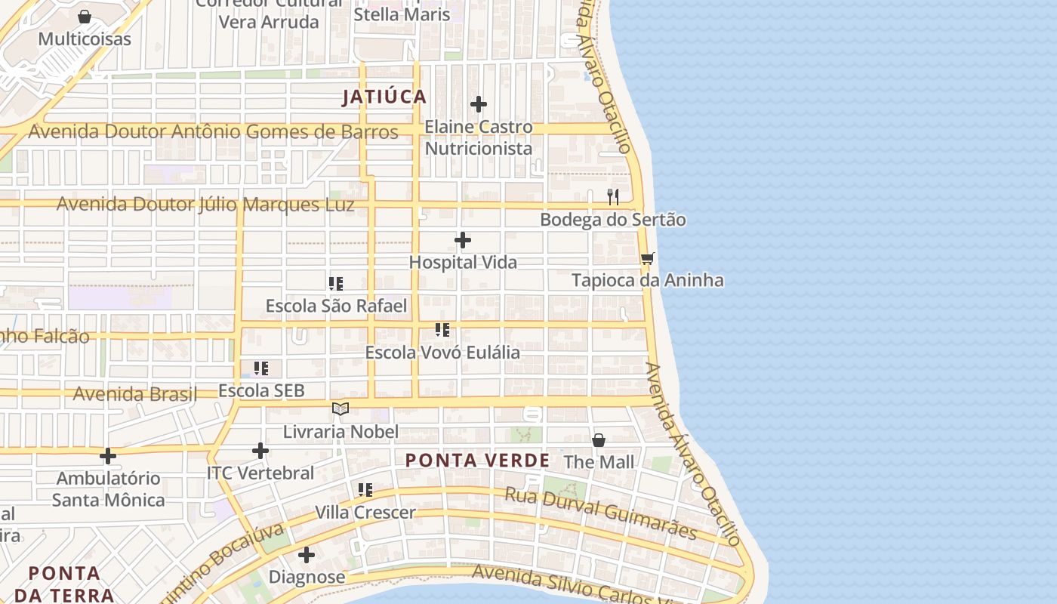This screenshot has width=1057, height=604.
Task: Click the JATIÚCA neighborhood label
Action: coord(384,97)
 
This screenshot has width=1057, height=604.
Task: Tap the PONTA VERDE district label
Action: coord(478,460)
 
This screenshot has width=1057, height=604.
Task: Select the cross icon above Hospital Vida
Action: coord(463,240)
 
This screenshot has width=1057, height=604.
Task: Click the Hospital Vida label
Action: coord(463,262)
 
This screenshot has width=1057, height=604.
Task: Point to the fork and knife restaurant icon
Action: coord(613,197)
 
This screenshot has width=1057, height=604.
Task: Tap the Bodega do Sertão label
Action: coord(613,220)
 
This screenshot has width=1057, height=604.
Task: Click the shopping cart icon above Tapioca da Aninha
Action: coord(647,258)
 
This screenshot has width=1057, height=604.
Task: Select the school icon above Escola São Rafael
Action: coord(336,284)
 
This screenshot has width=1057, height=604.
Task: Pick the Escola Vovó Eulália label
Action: coord(442,353)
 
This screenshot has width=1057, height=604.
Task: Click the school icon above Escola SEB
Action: coord(261,368)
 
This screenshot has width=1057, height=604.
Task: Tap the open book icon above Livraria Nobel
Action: coord(341,409)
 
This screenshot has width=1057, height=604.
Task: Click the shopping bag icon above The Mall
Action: coord(599,439)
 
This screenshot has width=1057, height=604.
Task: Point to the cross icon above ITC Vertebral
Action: coord(260,451)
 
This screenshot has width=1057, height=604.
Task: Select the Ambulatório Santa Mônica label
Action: coord(109,488)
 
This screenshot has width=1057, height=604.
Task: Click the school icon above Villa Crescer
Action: coord(365,490)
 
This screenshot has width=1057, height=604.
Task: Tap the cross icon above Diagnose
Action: coord(307,555)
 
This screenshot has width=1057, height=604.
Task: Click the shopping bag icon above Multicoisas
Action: coord(85,17)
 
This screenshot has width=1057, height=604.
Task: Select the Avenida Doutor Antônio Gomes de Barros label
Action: coord(213,131)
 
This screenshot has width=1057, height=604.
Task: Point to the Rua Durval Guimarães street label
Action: coord(600,513)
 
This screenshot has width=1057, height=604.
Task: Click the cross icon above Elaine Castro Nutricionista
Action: coord(479,104)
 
